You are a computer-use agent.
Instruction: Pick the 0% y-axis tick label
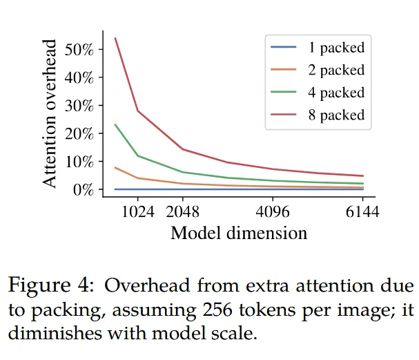click(82, 189)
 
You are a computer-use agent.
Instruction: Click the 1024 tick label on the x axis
click(138, 211)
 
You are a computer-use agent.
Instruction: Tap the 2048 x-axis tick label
click(183, 211)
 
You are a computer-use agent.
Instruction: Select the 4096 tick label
click(273, 211)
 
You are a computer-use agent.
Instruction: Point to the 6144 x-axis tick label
click(362, 211)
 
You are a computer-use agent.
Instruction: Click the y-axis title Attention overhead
click(50, 115)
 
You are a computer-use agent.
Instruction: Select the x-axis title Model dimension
click(239, 233)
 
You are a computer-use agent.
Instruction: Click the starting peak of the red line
click(115, 38)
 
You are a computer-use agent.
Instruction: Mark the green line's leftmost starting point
click(115, 124)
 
